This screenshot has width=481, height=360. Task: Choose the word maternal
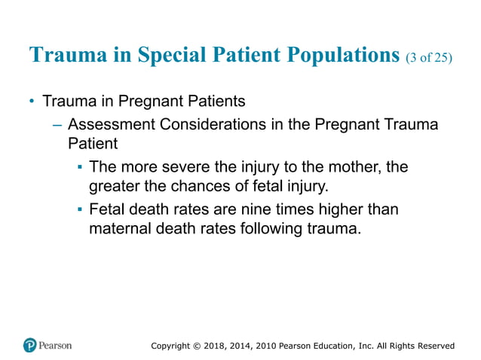click(124, 227)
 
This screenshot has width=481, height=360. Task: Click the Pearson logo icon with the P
click(29, 345)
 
